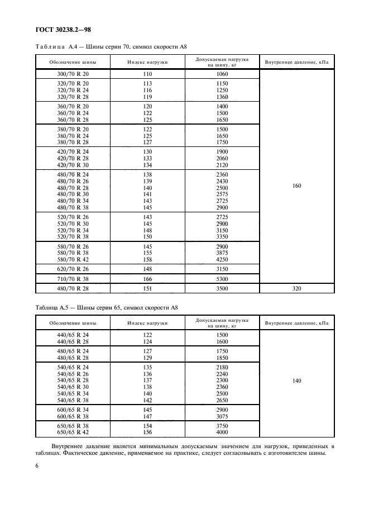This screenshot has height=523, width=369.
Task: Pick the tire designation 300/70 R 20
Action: click(73, 74)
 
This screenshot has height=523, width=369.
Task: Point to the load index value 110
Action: click(147, 74)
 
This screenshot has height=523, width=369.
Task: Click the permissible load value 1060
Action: click(222, 74)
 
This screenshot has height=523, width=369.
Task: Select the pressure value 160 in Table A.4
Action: click(296, 186)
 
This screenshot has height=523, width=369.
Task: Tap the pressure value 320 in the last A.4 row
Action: click(296, 289)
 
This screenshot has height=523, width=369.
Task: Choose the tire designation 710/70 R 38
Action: click(73, 278)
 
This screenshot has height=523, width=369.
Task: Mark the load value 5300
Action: click(222, 278)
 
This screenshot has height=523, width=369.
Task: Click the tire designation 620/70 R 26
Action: click(73, 268)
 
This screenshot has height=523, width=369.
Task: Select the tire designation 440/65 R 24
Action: click(73, 334)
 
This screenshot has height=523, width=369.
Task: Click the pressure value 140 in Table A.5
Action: click(296, 381)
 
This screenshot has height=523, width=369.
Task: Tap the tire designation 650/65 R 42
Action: click(73, 432)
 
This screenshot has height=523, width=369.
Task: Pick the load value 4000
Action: click(222, 432)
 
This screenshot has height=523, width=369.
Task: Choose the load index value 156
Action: click(147, 432)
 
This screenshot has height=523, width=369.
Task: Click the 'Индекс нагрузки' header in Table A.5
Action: click(147, 323)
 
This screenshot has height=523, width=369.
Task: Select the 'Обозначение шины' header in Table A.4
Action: click(73, 62)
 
